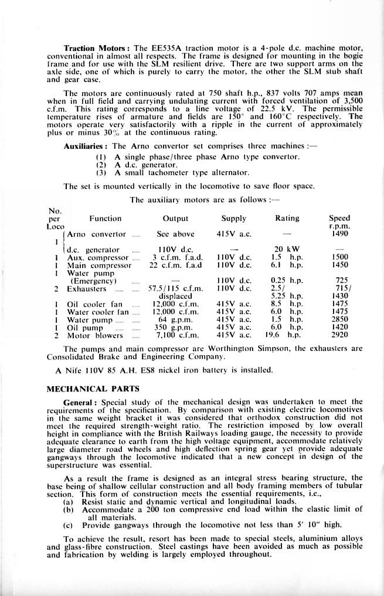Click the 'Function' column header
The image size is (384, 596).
pos(106,219)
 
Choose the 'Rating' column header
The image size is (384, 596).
pos(287,219)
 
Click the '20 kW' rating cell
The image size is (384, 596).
pos(287,249)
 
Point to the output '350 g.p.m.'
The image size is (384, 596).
pos(176,328)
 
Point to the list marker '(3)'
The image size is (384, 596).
pos(101,173)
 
